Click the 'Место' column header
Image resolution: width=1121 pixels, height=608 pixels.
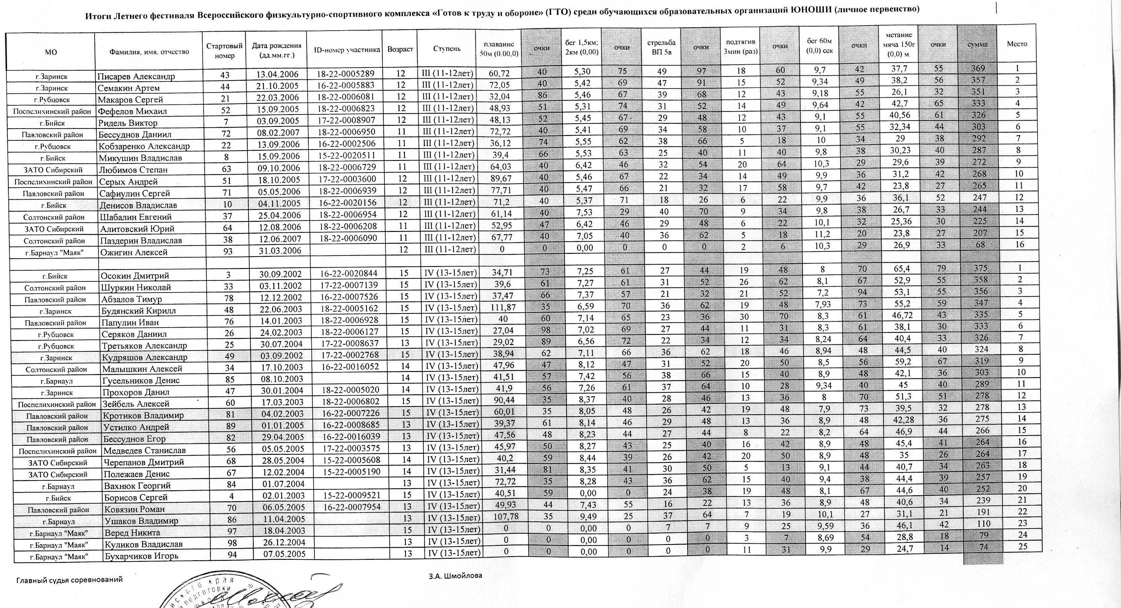(1017, 44)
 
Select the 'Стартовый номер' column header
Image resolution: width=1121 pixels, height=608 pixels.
(224, 50)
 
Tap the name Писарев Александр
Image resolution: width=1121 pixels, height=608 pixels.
(136, 76)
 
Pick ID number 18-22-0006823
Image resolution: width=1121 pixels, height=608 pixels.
(345, 108)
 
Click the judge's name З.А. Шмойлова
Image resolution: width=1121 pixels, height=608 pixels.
(455, 575)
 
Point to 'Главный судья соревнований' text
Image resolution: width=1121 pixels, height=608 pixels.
(70, 580)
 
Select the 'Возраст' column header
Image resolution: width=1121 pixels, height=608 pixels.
(400, 49)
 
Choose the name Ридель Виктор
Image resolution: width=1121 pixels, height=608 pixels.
(128, 123)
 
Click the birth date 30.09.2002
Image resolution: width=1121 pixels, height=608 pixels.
(281, 273)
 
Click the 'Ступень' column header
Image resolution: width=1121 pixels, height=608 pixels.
(446, 49)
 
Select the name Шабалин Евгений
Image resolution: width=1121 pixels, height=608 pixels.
(136, 217)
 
